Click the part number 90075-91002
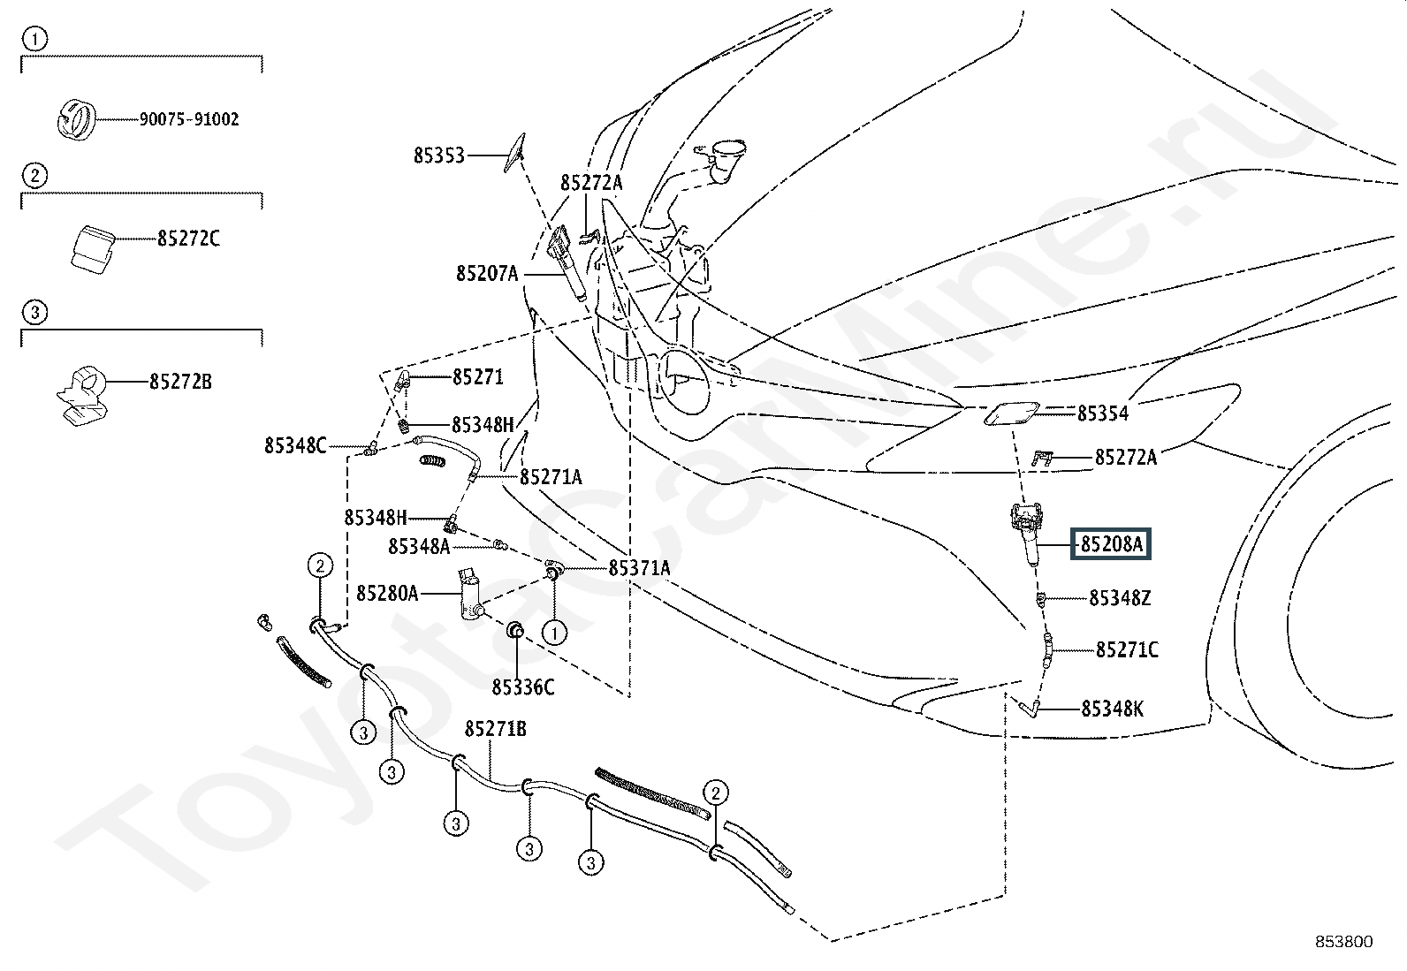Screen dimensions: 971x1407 point(188,119)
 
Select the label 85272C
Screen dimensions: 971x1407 point(188,239)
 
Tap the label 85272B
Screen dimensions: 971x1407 point(180,382)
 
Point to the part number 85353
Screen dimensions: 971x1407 point(438,156)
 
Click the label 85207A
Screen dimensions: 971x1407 point(487,274)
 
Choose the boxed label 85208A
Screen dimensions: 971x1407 point(1112,544)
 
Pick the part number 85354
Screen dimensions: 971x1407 point(1102,413)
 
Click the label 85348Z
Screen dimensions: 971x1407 point(1120,598)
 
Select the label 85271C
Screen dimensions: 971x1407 point(1127,650)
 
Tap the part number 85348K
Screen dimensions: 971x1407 point(1113,709)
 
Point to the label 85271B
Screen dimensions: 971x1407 point(496,729)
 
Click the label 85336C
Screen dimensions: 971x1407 point(523,687)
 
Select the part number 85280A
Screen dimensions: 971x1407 point(387,593)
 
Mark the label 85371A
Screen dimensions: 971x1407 point(639,568)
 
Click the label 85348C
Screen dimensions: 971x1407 point(295,446)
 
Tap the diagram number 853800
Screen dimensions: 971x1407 point(1343,942)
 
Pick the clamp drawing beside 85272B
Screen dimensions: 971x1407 point(81,392)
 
